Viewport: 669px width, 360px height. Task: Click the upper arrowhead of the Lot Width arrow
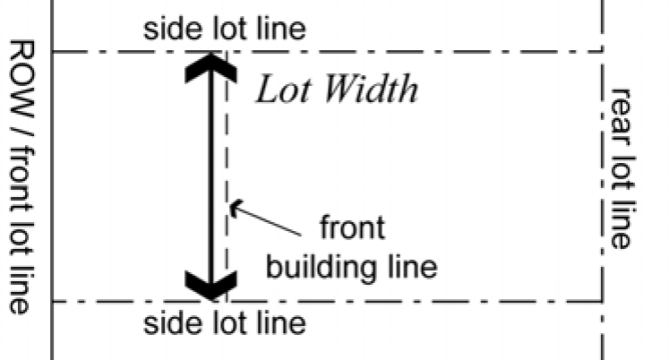(209, 69)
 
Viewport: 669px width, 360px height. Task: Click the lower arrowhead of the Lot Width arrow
(209, 285)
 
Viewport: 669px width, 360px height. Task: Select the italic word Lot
(282, 90)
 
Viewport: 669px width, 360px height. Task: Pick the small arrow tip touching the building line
(235, 210)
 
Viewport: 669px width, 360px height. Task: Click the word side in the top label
(172, 29)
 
